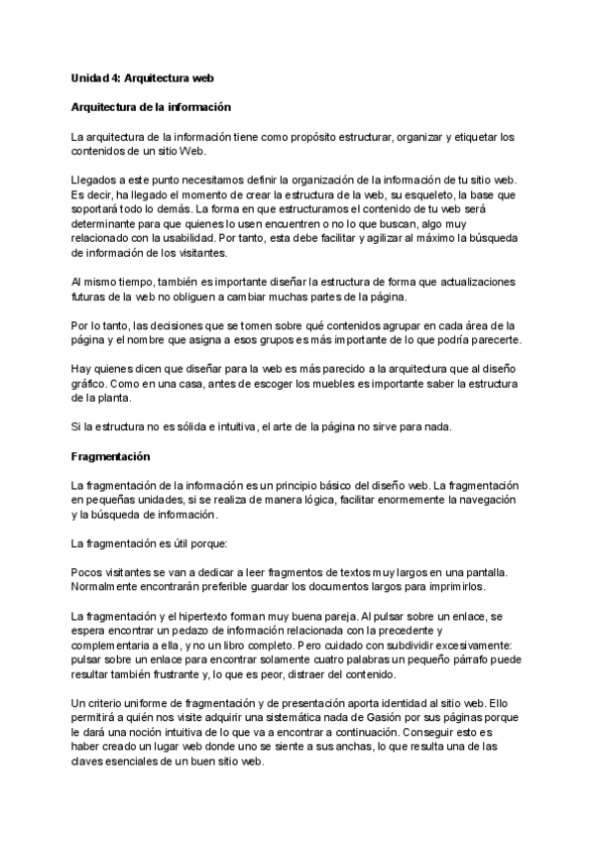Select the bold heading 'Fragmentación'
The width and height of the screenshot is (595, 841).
point(109,457)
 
